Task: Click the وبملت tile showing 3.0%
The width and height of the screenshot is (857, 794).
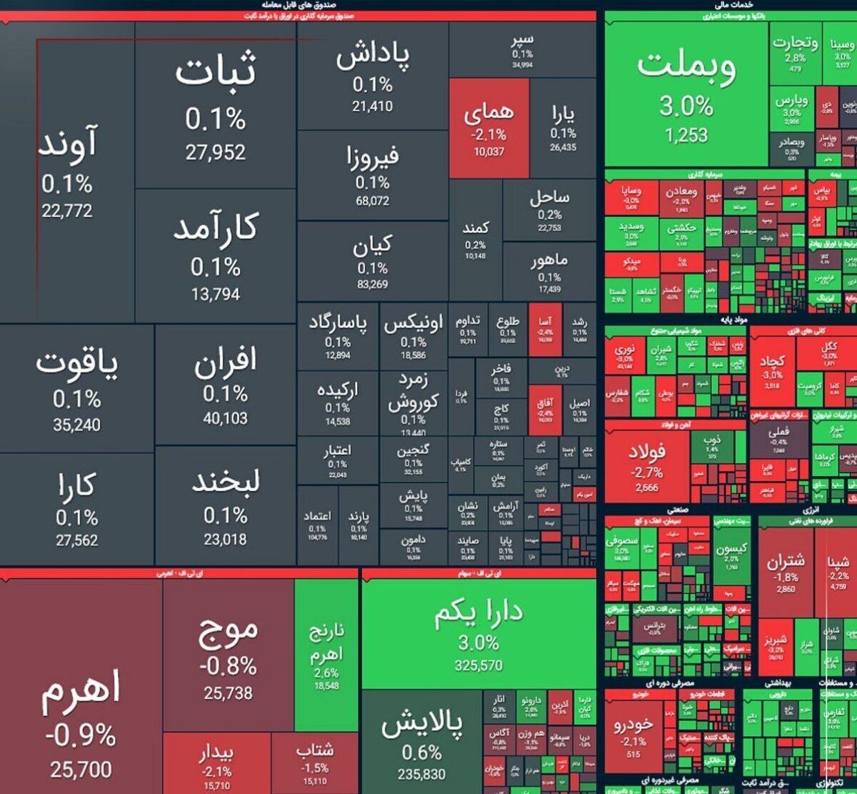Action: (x=686, y=93)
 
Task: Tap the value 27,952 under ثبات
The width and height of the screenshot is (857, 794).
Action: (x=216, y=152)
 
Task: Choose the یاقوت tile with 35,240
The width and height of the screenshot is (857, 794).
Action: (x=77, y=389)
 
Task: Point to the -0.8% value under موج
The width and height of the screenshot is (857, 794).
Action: (x=228, y=666)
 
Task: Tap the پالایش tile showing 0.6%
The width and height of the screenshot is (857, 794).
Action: (x=421, y=743)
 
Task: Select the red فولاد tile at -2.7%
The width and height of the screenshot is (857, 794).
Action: (x=647, y=461)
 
